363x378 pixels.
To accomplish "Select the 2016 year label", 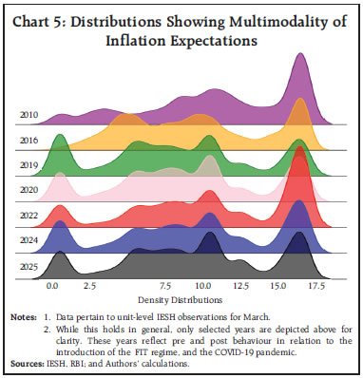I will (x=28, y=140).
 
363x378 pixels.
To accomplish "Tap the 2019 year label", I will (x=28, y=164).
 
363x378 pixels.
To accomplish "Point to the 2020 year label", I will (x=28, y=190).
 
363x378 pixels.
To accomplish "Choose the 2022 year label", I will (x=28, y=216).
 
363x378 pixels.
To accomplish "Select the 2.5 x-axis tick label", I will (x=90, y=284).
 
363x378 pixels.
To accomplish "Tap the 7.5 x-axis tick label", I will (x=165, y=284).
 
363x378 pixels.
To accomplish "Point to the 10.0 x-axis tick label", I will (x=203, y=284).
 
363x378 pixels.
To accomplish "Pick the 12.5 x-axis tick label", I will (x=240, y=284).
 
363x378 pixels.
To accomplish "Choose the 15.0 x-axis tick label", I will (x=278, y=284).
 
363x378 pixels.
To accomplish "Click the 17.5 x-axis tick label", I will (x=316, y=284).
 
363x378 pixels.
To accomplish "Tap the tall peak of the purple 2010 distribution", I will (x=301, y=57).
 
